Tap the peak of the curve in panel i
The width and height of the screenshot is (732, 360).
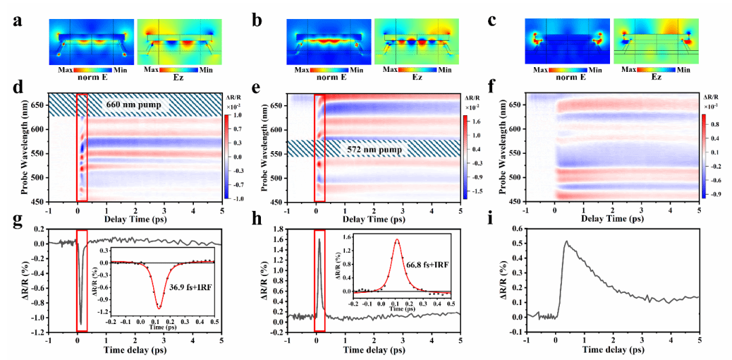tap(566, 241)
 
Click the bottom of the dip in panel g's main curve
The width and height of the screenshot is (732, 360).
tap(81, 323)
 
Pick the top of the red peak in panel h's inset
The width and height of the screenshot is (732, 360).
tap(397, 239)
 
